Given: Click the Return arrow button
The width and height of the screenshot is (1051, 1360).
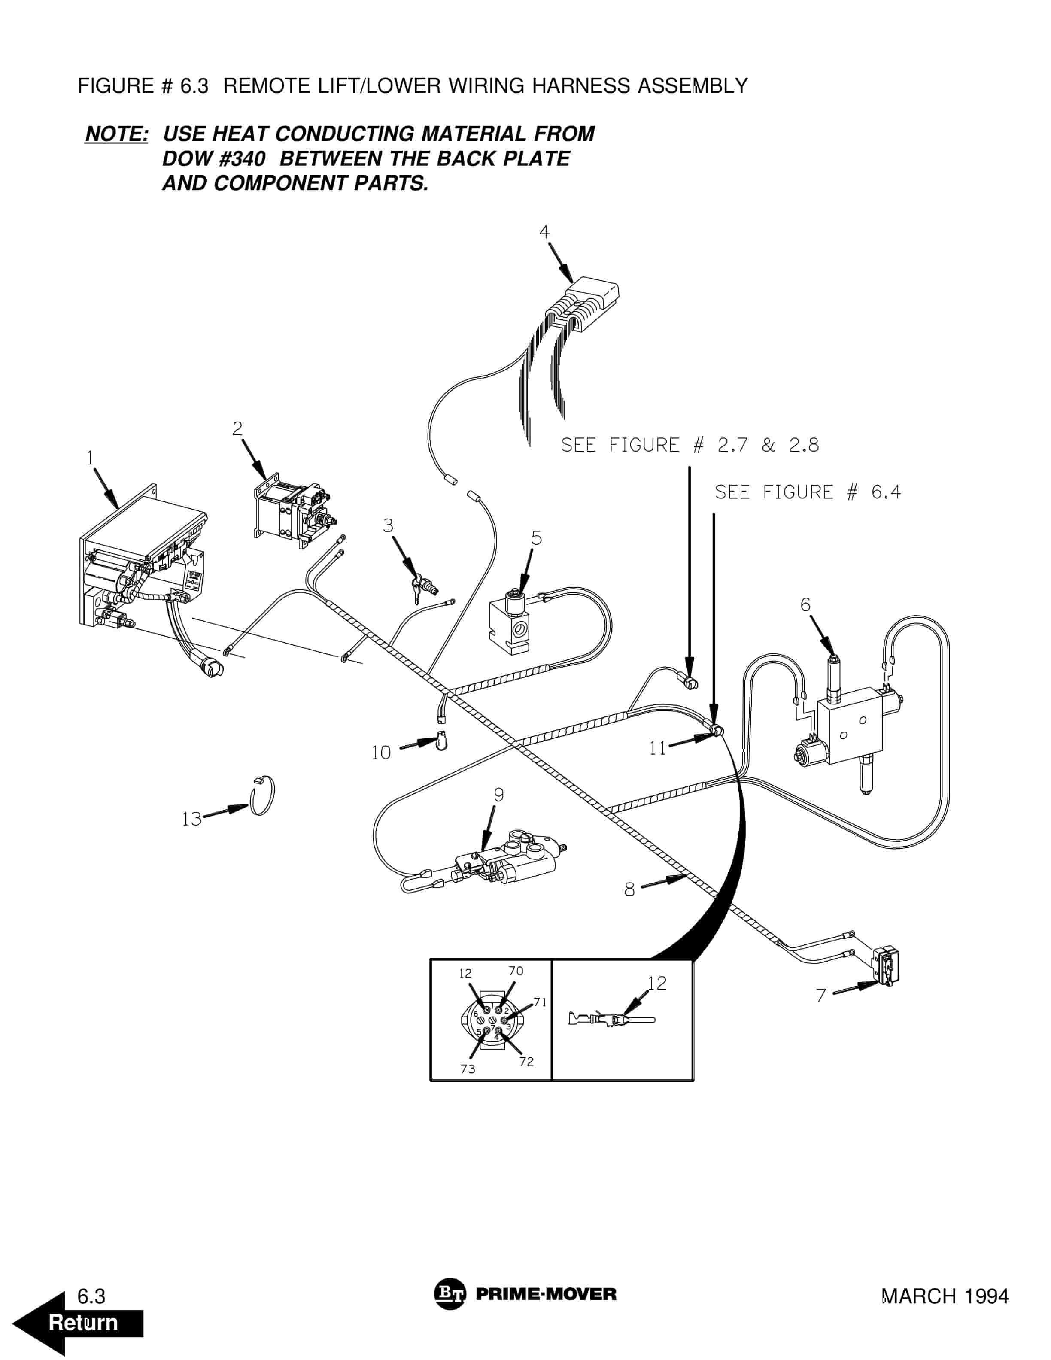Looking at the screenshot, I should (x=78, y=1322).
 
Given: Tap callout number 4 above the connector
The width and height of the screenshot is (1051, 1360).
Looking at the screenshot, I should (x=544, y=232).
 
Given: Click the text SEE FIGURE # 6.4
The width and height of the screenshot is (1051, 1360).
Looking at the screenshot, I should (x=807, y=492).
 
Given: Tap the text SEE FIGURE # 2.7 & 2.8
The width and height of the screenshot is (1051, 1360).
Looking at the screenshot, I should (x=690, y=445).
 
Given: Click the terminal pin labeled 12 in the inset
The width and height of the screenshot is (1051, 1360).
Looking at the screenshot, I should (x=613, y=1020).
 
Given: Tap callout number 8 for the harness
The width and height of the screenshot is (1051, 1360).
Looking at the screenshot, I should (x=629, y=889).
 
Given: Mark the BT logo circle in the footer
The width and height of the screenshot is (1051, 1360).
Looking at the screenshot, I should (x=449, y=1295).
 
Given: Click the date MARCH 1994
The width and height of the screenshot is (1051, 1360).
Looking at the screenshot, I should (x=945, y=1296).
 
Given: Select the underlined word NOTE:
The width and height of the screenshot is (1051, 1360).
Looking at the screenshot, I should (x=116, y=134).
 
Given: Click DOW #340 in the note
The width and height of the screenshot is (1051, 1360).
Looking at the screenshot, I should (x=213, y=159).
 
